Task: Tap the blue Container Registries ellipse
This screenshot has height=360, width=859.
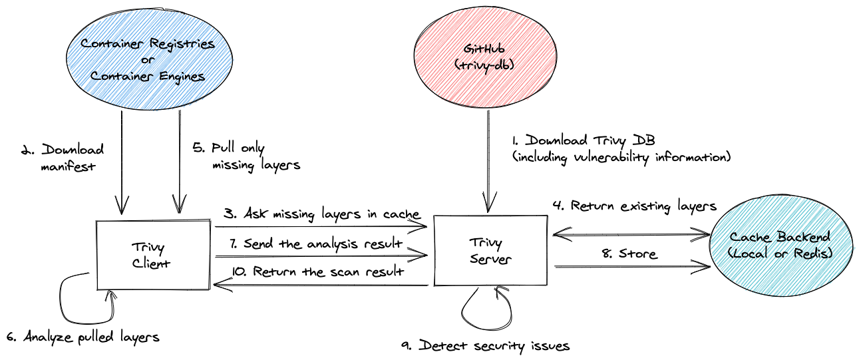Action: point(148,61)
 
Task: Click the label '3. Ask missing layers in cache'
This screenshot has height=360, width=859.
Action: point(321,214)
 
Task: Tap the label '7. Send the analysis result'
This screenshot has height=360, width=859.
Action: point(322,244)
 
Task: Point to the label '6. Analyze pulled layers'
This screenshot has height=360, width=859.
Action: point(83,337)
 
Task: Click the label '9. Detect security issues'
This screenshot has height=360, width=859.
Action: point(486,346)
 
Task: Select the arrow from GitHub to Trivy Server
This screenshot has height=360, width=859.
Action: point(489,160)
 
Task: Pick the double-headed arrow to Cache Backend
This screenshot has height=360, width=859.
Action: point(632,233)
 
